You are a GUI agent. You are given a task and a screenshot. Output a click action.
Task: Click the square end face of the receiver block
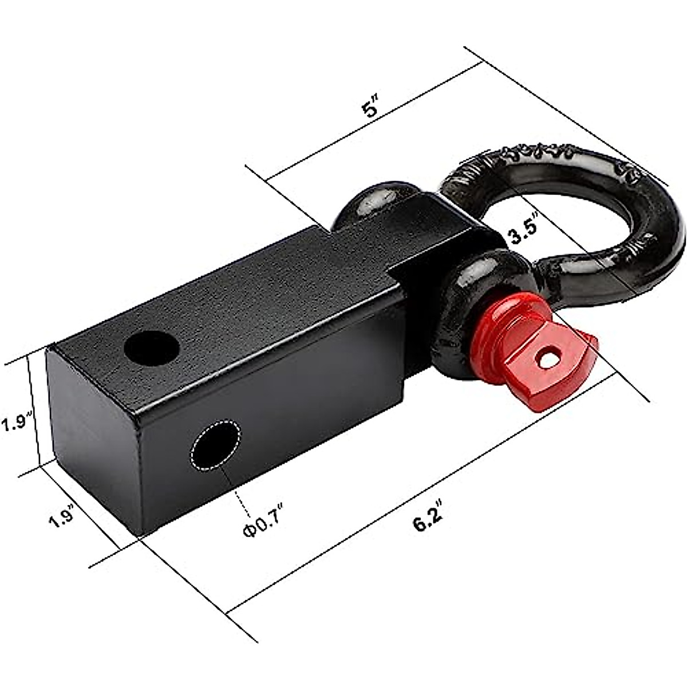click(92, 435)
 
